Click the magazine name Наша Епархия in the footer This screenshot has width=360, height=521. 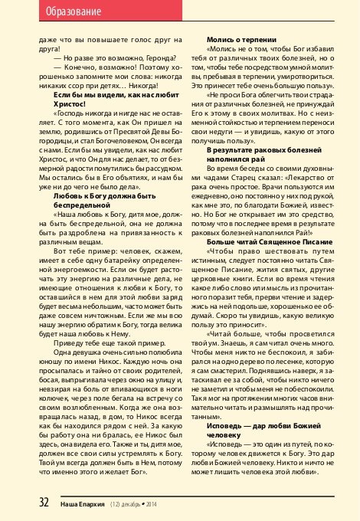pyautogui.click(x=63, y=503)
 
